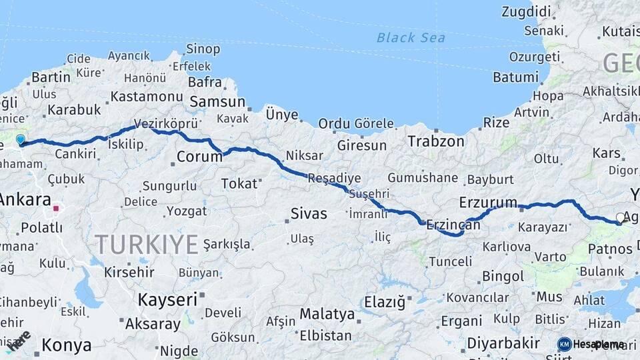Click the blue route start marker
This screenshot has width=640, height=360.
(21, 139)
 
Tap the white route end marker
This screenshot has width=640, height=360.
(621, 217)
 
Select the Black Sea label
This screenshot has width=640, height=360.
(411, 37)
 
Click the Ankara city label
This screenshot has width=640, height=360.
(25, 199)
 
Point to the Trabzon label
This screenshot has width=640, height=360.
(436, 141)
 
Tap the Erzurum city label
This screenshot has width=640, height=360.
(488, 202)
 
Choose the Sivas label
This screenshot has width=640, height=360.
(309, 213)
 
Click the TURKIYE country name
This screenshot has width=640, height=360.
(147, 244)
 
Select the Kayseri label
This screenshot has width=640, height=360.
(167, 299)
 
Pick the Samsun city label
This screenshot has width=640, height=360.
(217, 102)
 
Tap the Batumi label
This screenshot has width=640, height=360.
(515, 77)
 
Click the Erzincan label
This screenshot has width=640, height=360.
(453, 225)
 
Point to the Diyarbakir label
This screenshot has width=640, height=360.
(503, 343)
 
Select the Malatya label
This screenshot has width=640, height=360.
(327, 313)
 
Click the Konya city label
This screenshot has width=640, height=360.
(67, 345)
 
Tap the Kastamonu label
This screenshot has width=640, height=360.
(147, 97)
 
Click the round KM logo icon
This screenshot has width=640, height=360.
(564, 344)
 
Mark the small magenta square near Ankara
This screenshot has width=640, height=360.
(57, 208)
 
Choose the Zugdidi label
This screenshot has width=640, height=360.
(526, 11)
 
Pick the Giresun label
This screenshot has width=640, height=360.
(361, 145)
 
